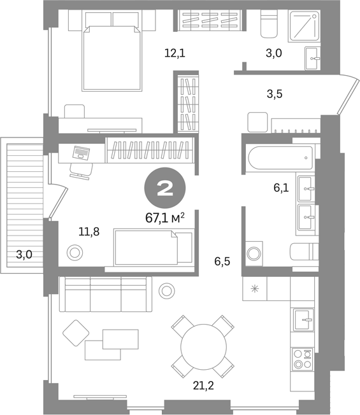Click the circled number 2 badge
coord(165,188)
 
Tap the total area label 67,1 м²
coord(165,218)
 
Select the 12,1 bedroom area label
coord(175,53)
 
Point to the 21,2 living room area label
coord(203,386)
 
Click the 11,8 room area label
coord(89,232)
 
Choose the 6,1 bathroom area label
coord(281,188)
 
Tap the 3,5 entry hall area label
coord(275,94)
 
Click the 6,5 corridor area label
coord(222,262)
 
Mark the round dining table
coord(203,347)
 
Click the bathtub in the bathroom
coord(280,158)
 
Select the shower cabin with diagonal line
coord(304,27)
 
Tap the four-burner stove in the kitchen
coord(303,360)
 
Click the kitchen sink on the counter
coord(303,320)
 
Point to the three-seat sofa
coord(106,294)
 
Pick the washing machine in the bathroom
coord(254,253)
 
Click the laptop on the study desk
coord(81,153)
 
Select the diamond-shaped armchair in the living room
coord(76,333)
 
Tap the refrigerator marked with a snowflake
coord(255,289)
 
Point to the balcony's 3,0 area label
coord(24,255)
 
